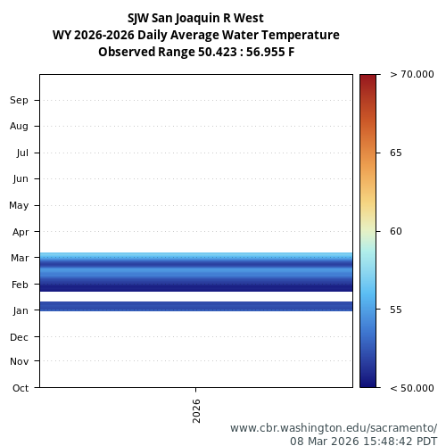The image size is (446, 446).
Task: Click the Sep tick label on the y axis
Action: (x=20, y=100)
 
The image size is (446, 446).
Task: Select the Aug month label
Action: (x=20, y=126)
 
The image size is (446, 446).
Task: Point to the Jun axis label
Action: (x=21, y=178)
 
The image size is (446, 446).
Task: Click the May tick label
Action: (x=19, y=205)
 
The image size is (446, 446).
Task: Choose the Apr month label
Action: (x=21, y=232)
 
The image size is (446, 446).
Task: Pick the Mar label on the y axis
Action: (x=20, y=258)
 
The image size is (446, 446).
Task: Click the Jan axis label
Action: (x=21, y=310)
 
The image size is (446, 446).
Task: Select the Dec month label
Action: (x=20, y=337)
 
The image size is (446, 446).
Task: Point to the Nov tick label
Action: (x=20, y=361)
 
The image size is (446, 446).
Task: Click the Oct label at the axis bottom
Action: (x=21, y=387)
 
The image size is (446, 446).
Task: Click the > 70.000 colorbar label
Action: (x=412, y=75)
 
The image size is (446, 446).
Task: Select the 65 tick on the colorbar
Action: (x=396, y=153)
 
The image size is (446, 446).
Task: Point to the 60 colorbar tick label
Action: (x=396, y=231)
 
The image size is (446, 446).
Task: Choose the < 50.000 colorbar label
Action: (x=412, y=387)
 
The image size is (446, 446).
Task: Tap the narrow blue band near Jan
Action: (x=196, y=306)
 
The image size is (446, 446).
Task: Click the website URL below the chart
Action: (x=334, y=428)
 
